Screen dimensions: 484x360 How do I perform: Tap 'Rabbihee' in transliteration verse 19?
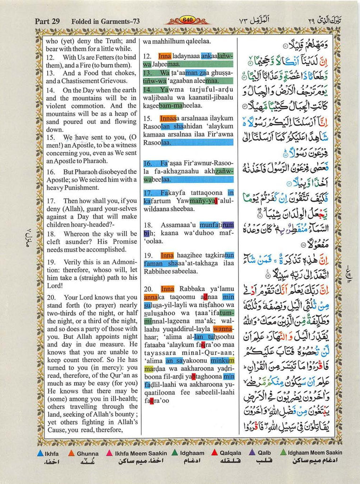[158, 272]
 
